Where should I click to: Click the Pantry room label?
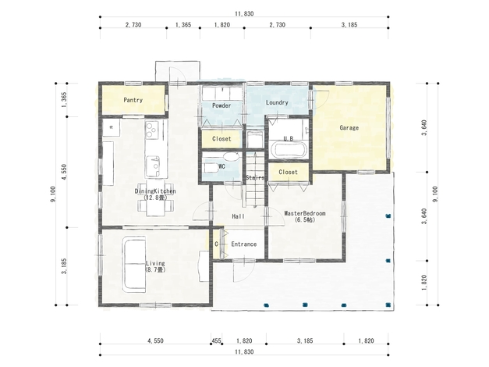pyautogui.click(x=133, y=100)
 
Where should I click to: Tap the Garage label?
pyautogui.click(x=349, y=127)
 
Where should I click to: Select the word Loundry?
pyautogui.click(x=277, y=102)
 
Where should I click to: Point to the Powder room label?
pyautogui.click(x=221, y=105)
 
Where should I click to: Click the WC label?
pyautogui.click(x=221, y=166)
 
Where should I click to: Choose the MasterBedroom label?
pyautogui.click(x=305, y=213)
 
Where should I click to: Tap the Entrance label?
pyautogui.click(x=244, y=244)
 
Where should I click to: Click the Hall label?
pyautogui.click(x=239, y=216)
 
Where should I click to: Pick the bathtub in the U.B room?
pyautogui.click(x=288, y=149)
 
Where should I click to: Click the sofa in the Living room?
pyautogui.click(x=134, y=264)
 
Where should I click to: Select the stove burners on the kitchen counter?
pyautogui.click(x=152, y=130)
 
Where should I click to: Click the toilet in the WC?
pyautogui.click(x=211, y=167)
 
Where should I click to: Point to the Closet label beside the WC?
pyautogui.click(x=221, y=139)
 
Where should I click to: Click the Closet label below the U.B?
pyautogui.click(x=288, y=172)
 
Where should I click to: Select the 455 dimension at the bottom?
pyautogui.click(x=217, y=340)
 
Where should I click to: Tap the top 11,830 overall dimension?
pyautogui.click(x=244, y=13)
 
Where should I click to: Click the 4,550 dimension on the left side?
pyautogui.click(x=64, y=172)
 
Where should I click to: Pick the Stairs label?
pyautogui.click(x=255, y=177)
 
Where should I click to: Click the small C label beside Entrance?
pyautogui.click(x=217, y=244)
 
